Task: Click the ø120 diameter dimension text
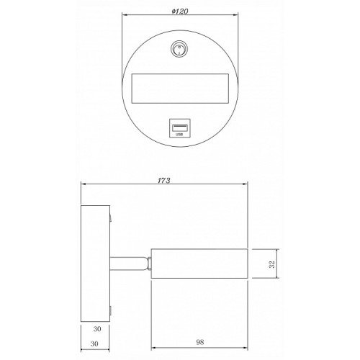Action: (x=180, y=12)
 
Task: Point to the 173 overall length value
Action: (x=164, y=181)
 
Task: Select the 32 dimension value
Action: (x=272, y=264)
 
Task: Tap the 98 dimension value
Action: (x=200, y=342)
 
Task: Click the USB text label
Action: (x=179, y=135)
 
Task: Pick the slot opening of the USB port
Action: (x=180, y=127)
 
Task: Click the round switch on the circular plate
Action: (x=179, y=49)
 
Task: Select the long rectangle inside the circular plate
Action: (x=180, y=89)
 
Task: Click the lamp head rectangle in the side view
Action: (x=199, y=264)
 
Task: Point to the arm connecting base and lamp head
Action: (x=129, y=264)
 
